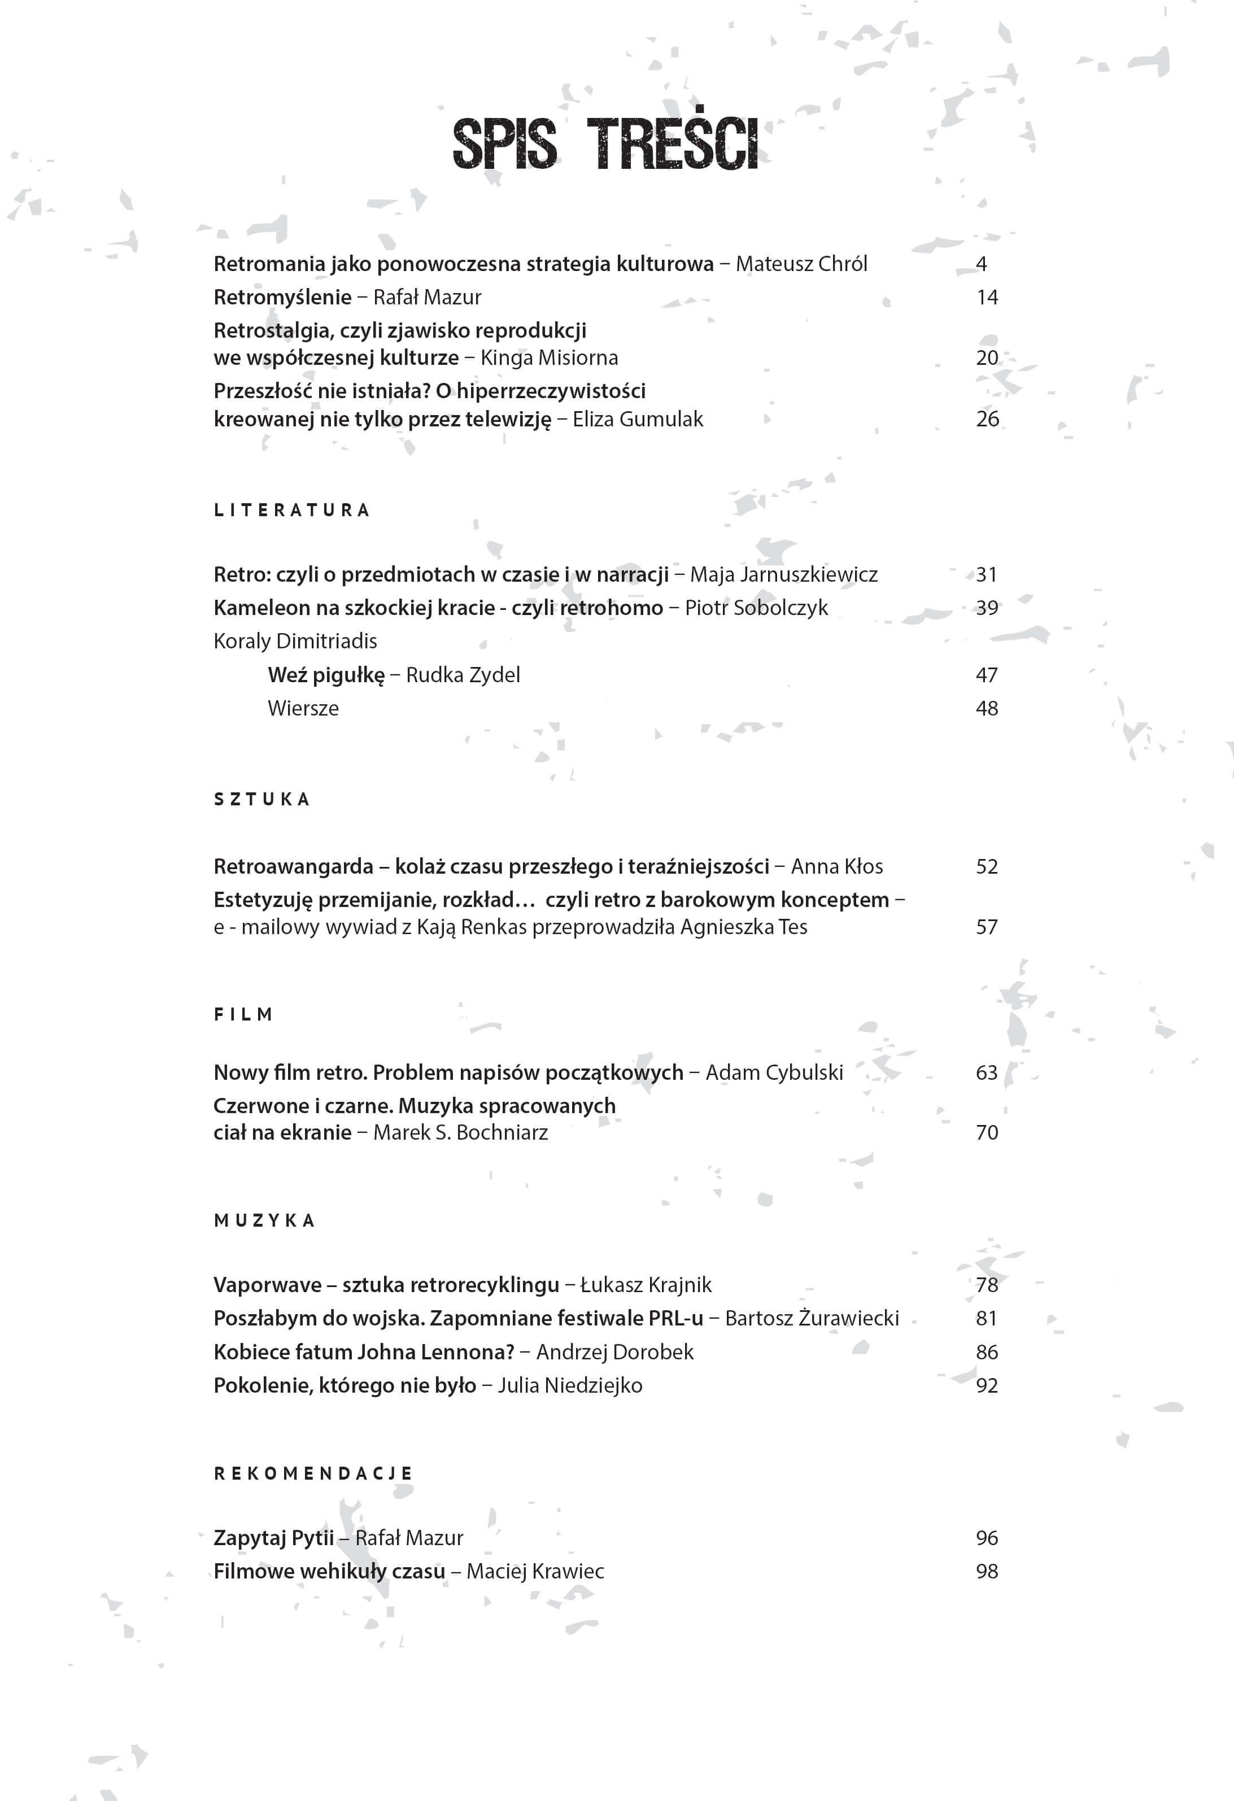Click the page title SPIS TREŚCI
(x=605, y=144)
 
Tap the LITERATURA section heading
(x=291, y=510)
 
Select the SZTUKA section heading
(x=262, y=799)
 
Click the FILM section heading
(x=243, y=1014)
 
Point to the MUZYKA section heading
(x=264, y=1220)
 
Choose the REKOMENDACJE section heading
(x=313, y=1473)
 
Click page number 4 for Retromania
(x=982, y=264)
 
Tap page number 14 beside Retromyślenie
(x=987, y=298)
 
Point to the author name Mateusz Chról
(x=801, y=264)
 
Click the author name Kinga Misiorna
(x=549, y=358)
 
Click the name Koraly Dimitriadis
(x=295, y=642)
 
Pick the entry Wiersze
(x=303, y=708)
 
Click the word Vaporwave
(x=268, y=1285)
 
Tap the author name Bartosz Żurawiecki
(x=812, y=1318)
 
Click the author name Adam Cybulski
(x=774, y=1072)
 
